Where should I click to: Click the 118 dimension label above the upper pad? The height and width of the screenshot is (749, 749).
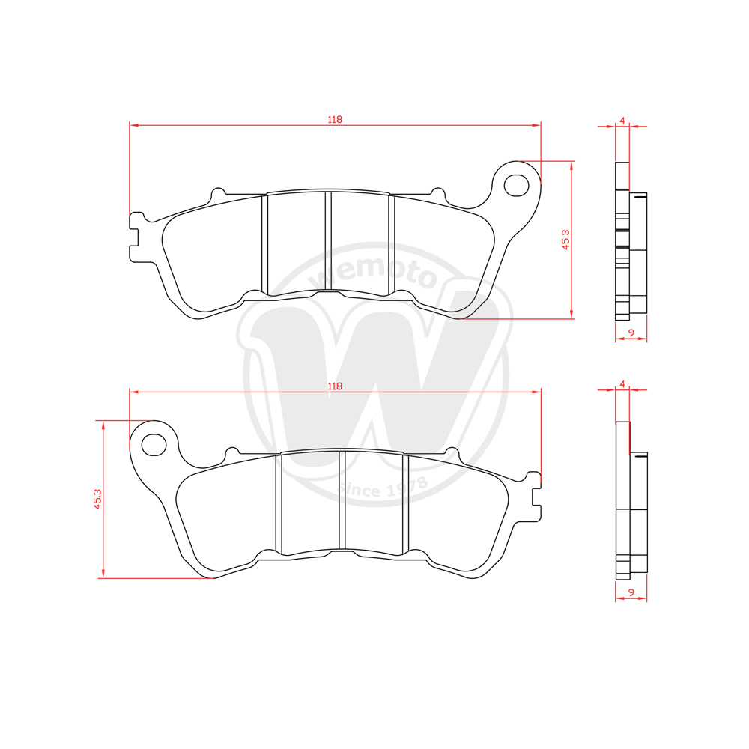point(335,119)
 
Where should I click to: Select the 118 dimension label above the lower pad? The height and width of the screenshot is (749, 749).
point(335,386)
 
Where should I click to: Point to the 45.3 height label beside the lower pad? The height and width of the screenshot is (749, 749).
point(96,499)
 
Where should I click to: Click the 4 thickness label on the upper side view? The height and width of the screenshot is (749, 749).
point(622,120)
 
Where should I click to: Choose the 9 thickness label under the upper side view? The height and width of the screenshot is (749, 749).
point(631,332)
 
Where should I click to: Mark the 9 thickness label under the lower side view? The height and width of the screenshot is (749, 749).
point(631,592)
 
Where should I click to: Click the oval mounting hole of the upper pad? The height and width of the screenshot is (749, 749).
point(516,184)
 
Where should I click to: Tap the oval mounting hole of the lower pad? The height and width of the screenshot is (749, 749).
point(154,444)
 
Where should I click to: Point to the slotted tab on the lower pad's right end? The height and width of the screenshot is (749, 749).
point(533,496)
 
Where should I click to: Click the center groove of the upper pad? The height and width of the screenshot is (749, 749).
point(328,243)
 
